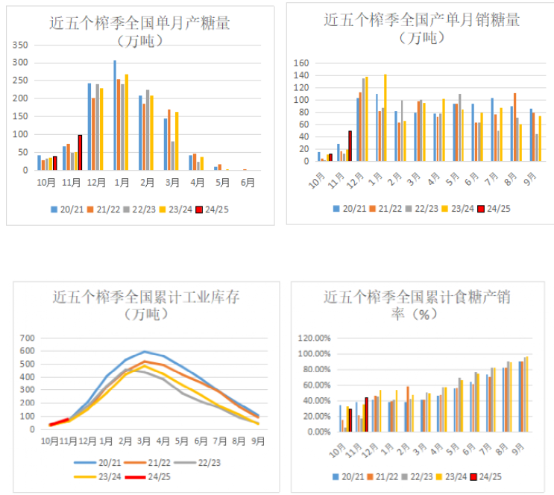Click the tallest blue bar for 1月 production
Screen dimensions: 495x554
pos(115,116)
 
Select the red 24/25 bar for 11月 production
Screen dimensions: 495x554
pos(80,152)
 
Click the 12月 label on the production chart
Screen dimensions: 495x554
pos(95,181)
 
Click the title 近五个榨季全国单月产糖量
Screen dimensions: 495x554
pos(139,22)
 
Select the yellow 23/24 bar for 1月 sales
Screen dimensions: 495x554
pos(385,118)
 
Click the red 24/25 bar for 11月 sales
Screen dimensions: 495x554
pos(350,146)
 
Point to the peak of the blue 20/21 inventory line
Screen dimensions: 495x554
pos(144,351)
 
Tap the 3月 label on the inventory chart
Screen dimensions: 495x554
pos(143,441)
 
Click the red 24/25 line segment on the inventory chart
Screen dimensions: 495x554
pos(60,421)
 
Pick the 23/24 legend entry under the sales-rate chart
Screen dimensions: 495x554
pos(454,476)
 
